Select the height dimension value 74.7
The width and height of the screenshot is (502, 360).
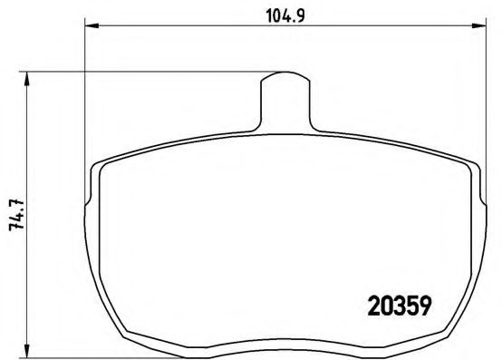click(x=15, y=216)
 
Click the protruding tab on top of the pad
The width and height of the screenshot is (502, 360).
click(x=285, y=95)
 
